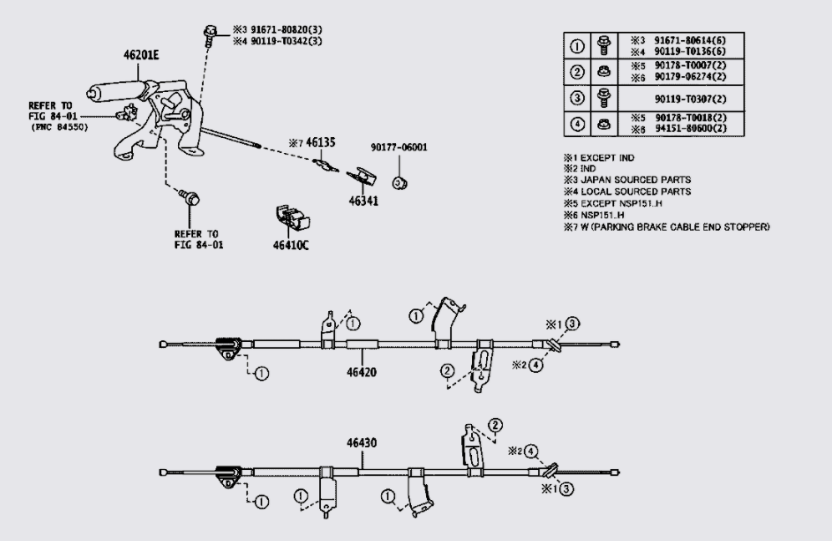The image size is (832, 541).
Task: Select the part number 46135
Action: click(x=320, y=143)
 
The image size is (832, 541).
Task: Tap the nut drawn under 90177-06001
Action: click(x=399, y=182)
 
